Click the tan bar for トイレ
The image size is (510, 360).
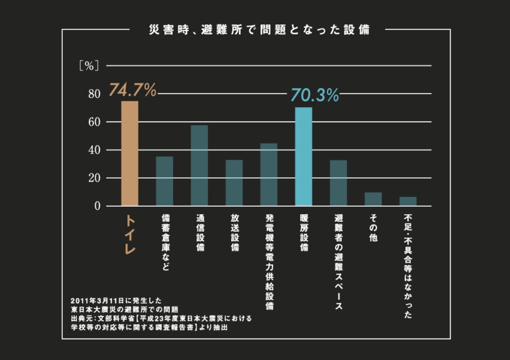tap(129, 153)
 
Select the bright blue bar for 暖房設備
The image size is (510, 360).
tap(303, 156)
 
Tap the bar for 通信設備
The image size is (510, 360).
tap(199, 165)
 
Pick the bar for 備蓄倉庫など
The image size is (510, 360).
tap(164, 181)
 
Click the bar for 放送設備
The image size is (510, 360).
tap(234, 183)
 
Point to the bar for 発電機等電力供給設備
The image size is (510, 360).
tap(269, 174)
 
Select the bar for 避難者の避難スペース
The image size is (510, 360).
tap(338, 183)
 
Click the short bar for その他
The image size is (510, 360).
tap(373, 199)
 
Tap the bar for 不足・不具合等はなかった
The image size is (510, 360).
tap(408, 201)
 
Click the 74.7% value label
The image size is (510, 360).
tap(132, 90)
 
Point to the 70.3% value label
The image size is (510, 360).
tap(314, 96)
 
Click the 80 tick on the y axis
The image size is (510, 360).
tap(94, 94)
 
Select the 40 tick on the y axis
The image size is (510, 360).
tap(94, 150)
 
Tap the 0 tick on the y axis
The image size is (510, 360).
tap(97, 206)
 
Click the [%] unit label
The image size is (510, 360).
tap(89, 66)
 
